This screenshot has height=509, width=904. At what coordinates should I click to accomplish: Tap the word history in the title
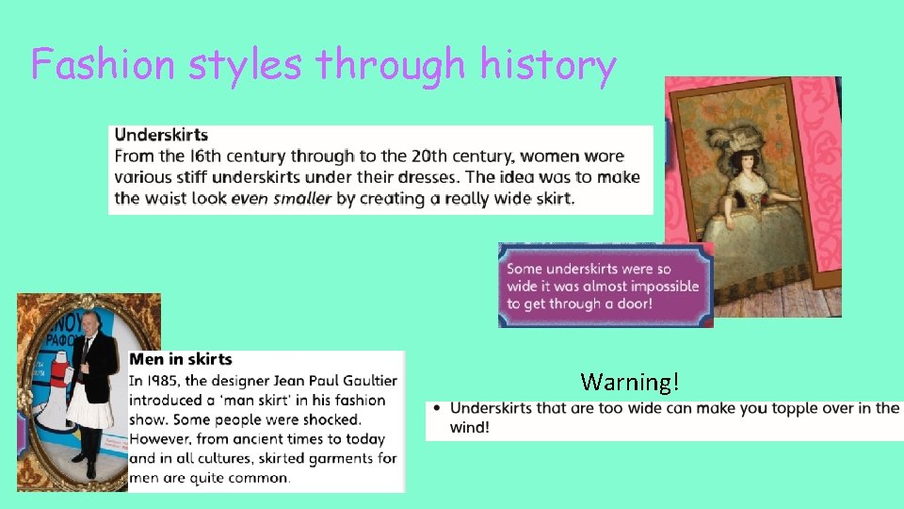[x=548, y=65]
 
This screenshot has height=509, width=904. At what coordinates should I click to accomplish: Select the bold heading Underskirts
[x=161, y=136]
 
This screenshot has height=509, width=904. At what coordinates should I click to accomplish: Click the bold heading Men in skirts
[x=180, y=359]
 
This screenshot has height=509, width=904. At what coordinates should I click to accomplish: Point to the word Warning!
[x=629, y=382]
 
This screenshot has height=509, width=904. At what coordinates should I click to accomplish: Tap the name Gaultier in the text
[x=366, y=381]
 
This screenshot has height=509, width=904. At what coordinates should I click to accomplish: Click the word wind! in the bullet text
[x=469, y=427]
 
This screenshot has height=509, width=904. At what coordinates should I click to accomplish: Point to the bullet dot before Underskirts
[x=436, y=408]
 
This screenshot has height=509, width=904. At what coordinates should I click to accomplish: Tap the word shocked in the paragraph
[x=329, y=419]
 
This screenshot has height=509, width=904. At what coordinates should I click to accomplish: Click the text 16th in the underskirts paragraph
[x=206, y=156]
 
